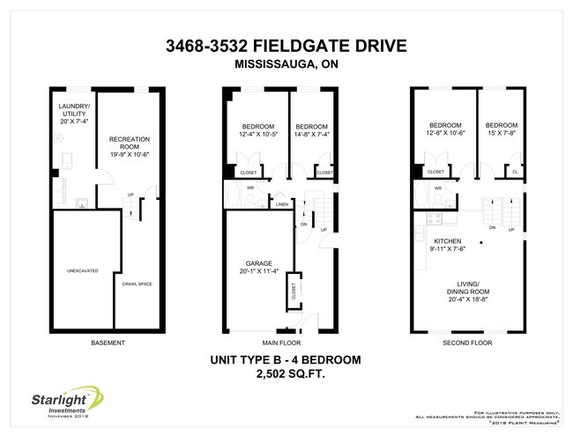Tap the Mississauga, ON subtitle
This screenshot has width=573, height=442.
click(287, 64)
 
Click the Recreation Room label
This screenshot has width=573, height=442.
click(129, 143)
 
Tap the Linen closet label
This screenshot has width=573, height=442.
click(281, 205)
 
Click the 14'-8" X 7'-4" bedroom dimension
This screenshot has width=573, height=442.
click(313, 133)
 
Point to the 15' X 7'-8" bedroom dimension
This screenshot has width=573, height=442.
click(502, 133)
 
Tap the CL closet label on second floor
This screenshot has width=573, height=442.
click(515, 173)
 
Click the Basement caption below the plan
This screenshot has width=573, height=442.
click(108, 342)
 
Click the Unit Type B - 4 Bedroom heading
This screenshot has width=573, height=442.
click(286, 360)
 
